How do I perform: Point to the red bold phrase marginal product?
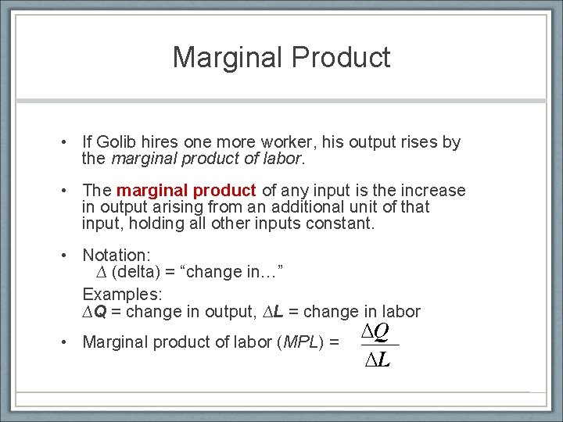click(186, 191)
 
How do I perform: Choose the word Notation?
click(117, 255)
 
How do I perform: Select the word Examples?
click(122, 294)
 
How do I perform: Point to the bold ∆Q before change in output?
click(95, 312)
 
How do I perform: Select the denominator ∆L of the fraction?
click(377, 359)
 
